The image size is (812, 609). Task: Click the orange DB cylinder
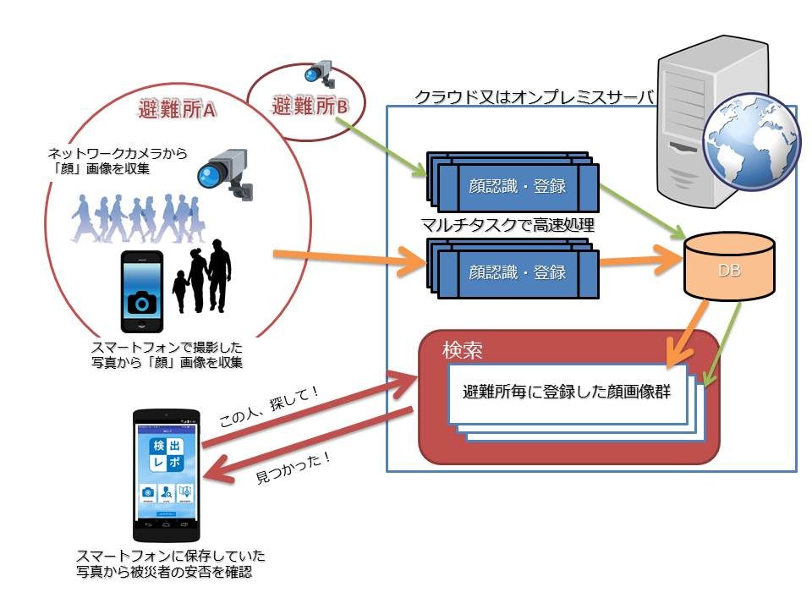click(x=729, y=266)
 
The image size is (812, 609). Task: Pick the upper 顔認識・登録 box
click(x=517, y=188)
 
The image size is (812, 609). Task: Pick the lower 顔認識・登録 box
click(x=517, y=272)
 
